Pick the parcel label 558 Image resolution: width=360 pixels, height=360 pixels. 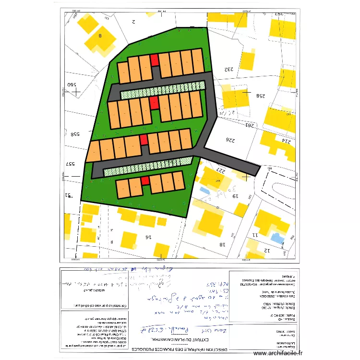75,134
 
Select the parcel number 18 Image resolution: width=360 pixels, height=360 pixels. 223,244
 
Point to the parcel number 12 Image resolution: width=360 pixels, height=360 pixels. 267,251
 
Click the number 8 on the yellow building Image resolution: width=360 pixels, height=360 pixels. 100,36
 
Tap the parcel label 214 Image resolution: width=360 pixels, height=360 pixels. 286,141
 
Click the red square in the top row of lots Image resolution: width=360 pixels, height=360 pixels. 154,60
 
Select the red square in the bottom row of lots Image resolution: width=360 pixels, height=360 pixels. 145,180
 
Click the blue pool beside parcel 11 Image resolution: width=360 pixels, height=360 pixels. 277,238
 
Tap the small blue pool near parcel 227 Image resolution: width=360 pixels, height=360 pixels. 204,190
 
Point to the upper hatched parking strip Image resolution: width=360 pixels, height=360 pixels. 162,90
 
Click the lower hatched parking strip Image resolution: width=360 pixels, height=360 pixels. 148,166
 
